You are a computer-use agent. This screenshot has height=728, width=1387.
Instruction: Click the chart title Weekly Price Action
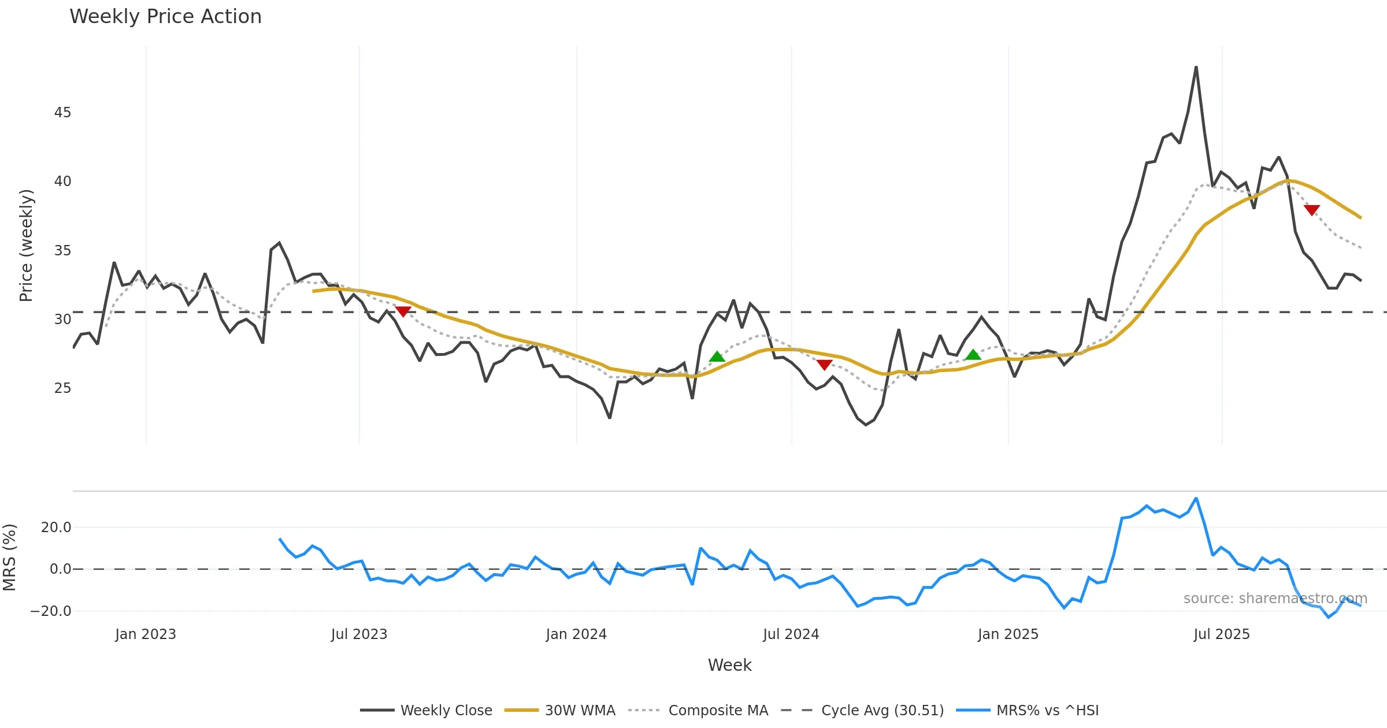click(165, 17)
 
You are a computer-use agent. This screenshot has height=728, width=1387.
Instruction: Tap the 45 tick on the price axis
click(62, 113)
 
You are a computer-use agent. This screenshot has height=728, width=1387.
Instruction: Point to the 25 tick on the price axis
click(62, 388)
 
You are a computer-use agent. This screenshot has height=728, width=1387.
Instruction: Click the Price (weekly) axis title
click(27, 246)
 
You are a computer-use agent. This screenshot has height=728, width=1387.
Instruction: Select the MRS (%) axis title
click(10, 558)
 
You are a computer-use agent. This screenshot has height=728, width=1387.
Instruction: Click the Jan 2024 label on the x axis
click(576, 634)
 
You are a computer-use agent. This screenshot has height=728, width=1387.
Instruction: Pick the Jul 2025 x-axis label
click(1222, 634)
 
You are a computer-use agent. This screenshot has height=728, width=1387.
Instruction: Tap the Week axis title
click(729, 666)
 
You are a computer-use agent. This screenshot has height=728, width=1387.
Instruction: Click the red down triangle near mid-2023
click(403, 311)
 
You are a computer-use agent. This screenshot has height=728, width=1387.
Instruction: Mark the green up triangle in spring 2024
click(717, 356)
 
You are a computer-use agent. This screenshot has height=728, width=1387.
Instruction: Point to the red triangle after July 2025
click(1312, 210)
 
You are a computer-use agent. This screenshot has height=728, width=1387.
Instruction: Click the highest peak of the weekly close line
click(1196, 67)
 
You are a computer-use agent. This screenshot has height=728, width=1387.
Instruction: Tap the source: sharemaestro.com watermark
click(1275, 599)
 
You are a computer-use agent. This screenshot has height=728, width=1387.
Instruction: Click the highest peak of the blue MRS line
click(1196, 498)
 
